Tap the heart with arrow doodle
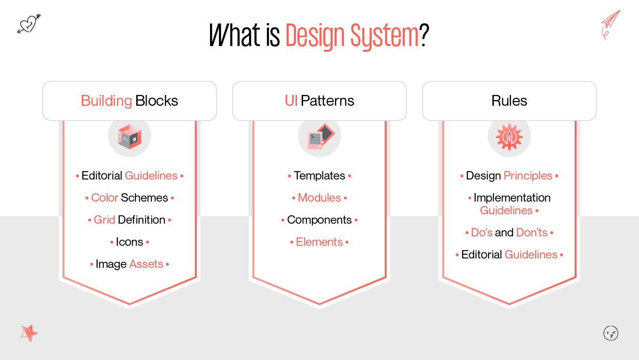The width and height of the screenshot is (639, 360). click(29, 23)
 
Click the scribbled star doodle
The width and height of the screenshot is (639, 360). click(29, 333)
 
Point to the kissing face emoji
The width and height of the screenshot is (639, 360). click(610, 333)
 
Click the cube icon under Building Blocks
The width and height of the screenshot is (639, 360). click(130, 137)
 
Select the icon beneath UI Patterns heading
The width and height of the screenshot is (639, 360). click(319, 137)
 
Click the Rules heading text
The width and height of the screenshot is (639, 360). click(509, 101)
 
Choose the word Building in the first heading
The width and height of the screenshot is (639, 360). click(106, 101)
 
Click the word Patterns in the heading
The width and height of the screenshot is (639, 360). click(327, 101)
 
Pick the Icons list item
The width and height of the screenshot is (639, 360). click(130, 242)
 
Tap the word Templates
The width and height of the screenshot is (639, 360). click(319, 176)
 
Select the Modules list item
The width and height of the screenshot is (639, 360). click(319, 198)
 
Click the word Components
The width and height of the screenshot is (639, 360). click(319, 220)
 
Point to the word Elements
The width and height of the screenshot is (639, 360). click(319, 242)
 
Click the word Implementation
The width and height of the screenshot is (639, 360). click(512, 198)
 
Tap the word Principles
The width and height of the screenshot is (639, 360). click(528, 176)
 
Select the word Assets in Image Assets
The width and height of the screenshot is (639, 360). click(146, 264)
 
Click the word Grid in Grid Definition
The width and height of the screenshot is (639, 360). click(104, 220)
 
